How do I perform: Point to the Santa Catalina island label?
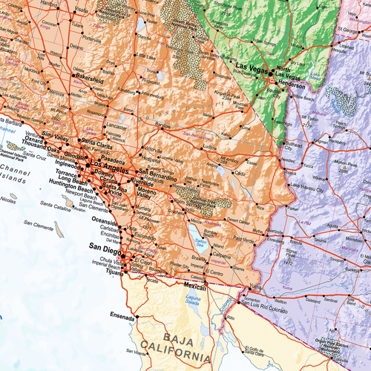point(56,209)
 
